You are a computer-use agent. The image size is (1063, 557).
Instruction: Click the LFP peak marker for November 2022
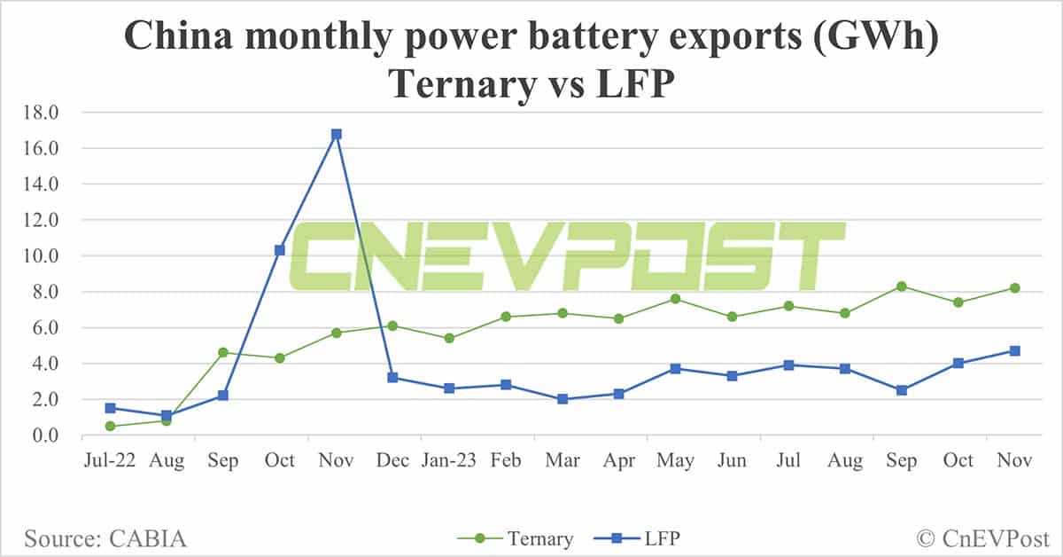click(337, 135)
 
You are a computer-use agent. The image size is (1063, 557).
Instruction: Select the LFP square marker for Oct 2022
click(280, 250)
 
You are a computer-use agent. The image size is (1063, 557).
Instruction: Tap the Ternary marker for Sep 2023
click(902, 286)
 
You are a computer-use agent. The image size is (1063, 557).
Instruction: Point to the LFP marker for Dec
click(392, 378)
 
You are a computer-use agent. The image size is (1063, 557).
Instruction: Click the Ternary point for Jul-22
click(110, 426)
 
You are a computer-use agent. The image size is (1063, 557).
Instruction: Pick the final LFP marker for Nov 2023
click(1015, 351)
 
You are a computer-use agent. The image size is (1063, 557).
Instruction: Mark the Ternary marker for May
click(676, 299)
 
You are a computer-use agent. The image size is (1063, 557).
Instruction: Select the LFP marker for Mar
click(563, 399)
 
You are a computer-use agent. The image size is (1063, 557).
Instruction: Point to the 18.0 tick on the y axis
click(43, 113)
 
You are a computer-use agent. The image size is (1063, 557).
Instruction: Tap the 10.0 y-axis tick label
click(43, 256)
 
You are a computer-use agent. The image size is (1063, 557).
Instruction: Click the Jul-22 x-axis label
click(110, 460)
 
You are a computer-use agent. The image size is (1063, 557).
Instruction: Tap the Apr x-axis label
click(619, 460)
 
